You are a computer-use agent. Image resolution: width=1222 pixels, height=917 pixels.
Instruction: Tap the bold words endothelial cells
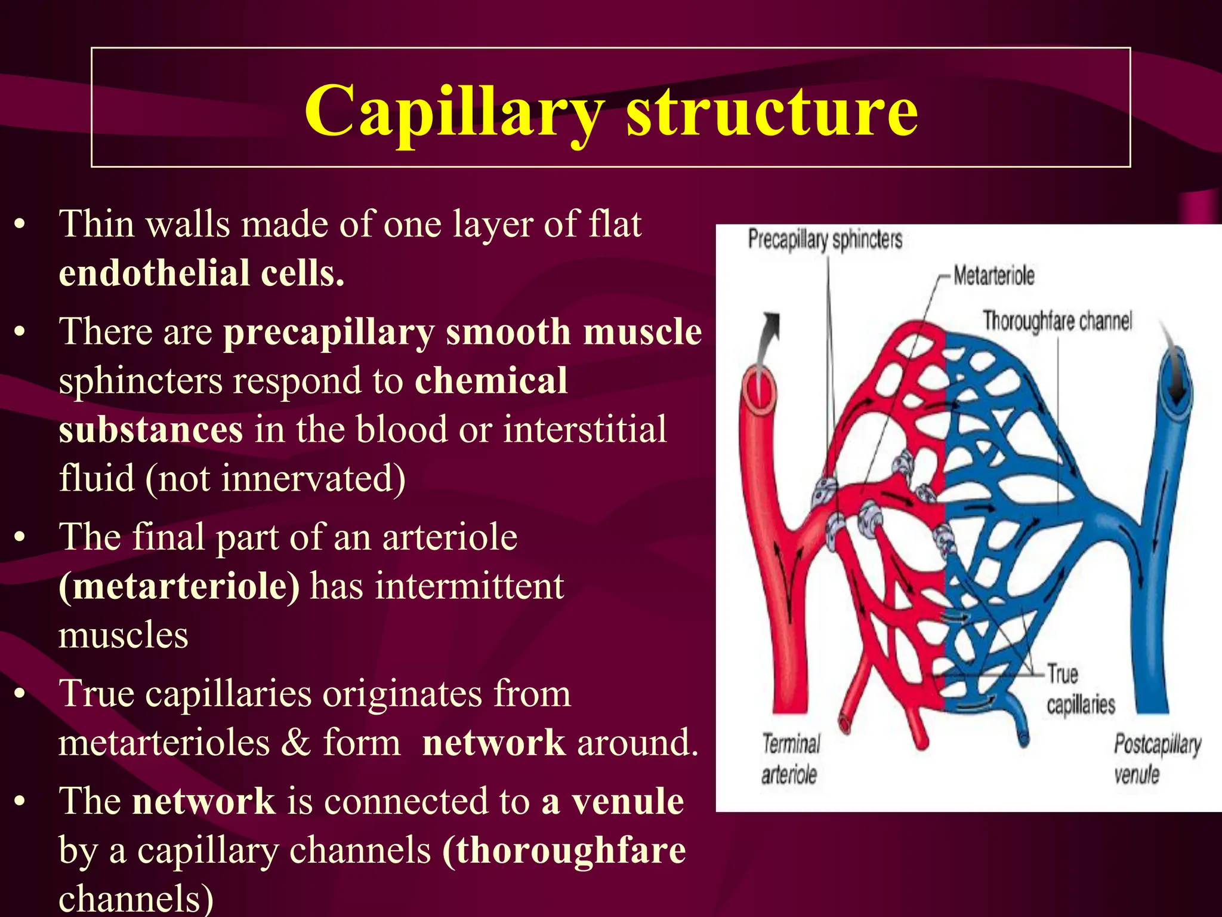coord(202,273)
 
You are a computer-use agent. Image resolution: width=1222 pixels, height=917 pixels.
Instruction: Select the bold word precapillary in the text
coord(329,332)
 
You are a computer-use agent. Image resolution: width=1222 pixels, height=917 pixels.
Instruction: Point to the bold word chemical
coord(490,381)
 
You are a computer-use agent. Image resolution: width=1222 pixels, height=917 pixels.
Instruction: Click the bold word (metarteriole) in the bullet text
coord(179,586)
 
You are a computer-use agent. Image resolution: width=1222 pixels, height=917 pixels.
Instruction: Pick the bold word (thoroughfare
coord(564,851)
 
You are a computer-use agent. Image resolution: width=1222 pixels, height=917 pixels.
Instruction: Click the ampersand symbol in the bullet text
coord(297,743)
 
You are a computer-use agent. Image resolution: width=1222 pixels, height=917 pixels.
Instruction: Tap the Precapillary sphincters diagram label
coord(825,239)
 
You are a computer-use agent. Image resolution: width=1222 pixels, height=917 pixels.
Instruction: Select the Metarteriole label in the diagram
coord(993,276)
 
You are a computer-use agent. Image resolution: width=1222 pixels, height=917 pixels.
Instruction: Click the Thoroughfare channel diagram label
coord(1057,321)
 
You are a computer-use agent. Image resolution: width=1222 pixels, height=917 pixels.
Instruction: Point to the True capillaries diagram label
coord(1080,690)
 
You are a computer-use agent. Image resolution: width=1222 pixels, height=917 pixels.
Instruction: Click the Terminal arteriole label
coord(790,759)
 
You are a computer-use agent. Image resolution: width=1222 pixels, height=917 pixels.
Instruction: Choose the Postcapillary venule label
coord(1156,759)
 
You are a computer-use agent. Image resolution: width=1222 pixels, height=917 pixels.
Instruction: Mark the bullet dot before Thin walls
coord(21,225)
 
